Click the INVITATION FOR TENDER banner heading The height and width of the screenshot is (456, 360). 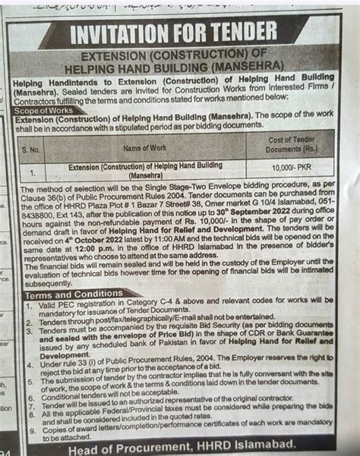pos(173,33)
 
